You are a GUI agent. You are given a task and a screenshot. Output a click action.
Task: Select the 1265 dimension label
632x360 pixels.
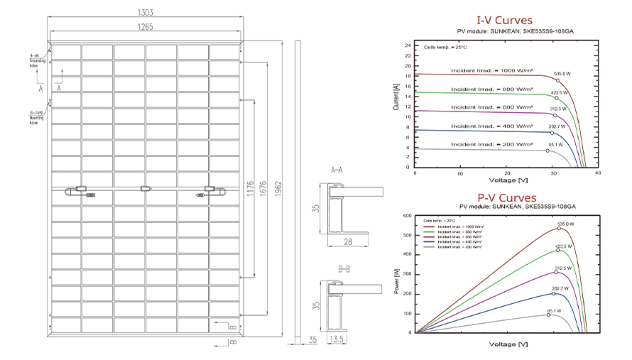pyautogui.click(x=147, y=28)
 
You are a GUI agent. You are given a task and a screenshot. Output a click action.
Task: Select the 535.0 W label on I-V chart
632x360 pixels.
pyautogui.click(x=562, y=74)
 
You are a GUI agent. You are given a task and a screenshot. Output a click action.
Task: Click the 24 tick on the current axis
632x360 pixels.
pyautogui.click(x=408, y=45)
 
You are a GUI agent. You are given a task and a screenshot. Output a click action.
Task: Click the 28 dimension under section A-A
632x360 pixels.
pyautogui.click(x=349, y=243)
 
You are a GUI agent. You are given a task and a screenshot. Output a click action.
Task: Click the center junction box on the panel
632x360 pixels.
pyautogui.click(x=146, y=188)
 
